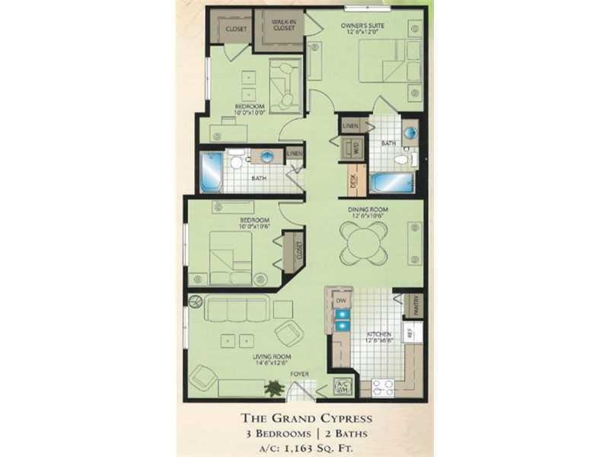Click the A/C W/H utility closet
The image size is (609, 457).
tap(343, 385)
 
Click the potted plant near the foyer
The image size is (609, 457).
tap(273, 388)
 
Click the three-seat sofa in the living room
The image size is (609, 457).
tap(238, 308)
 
